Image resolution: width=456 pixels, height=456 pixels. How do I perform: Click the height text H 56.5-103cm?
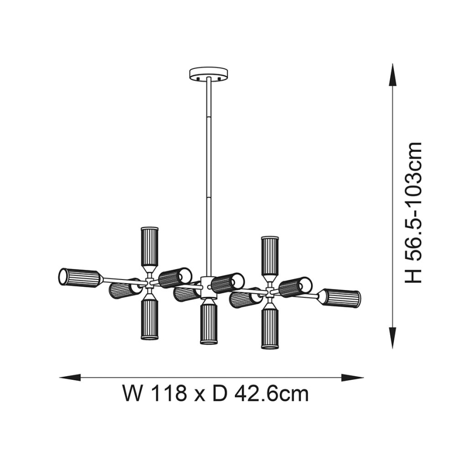[x=414, y=212]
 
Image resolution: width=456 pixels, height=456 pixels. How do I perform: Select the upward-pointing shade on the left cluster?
[x=150, y=246]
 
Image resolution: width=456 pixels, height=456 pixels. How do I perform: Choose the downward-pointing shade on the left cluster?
[x=150, y=319]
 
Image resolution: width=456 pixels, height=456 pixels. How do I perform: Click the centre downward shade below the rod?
[x=209, y=324]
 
